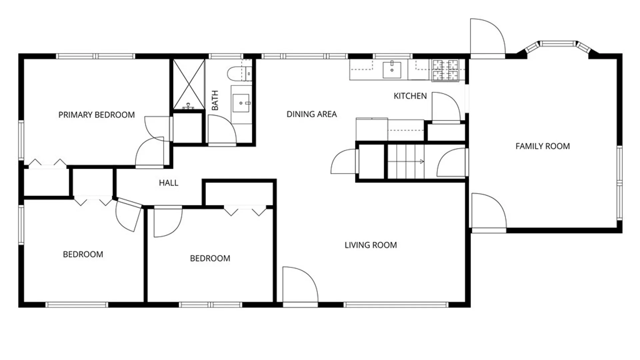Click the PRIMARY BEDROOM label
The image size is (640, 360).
pos(97,115)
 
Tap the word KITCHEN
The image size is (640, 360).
pos(410,96)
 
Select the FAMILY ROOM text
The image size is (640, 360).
pos(543,146)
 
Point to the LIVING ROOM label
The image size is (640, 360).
pos(371,245)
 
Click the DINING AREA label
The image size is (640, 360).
pos(312,114)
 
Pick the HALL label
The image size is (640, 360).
pos(168,183)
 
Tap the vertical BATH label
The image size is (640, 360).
pos(215,100)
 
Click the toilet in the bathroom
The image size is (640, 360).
pos(239,74)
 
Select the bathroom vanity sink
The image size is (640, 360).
pos(241,103)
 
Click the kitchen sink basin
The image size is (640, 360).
pos(392,69)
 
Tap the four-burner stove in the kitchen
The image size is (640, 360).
pos(445,70)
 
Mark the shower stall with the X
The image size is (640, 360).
pos(189,84)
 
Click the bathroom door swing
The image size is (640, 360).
pos(222,130)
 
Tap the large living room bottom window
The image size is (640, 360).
pos(396,305)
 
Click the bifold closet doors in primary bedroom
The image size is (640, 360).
pos(47,164)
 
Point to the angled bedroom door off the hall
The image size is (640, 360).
pos(129,215)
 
